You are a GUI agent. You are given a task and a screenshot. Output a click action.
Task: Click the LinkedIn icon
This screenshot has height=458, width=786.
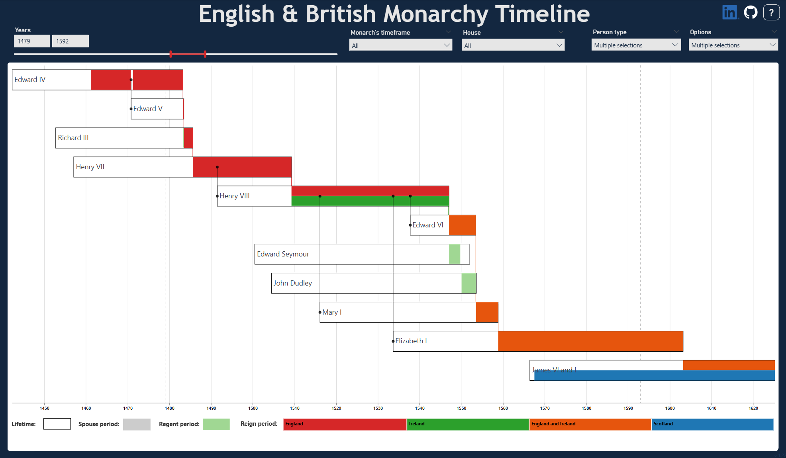click(730, 12)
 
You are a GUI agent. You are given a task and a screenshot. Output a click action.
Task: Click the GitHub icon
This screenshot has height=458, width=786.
click(751, 12)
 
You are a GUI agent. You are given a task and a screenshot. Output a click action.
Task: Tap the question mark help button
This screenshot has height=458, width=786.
click(771, 12)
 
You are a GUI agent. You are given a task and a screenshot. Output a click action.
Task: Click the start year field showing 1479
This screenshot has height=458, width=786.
click(32, 41)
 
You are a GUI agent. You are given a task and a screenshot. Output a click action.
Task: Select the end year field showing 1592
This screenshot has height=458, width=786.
click(70, 41)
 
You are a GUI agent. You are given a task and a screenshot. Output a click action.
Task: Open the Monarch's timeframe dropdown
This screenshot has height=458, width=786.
click(400, 45)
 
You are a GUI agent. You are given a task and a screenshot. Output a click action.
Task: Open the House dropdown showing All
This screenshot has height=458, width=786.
click(513, 45)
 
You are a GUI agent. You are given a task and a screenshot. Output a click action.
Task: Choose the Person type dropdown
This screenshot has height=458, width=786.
click(636, 45)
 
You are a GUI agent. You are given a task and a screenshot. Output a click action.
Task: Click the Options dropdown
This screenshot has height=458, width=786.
click(733, 45)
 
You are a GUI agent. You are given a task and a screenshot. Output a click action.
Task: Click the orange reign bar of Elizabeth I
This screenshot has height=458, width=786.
click(590, 341)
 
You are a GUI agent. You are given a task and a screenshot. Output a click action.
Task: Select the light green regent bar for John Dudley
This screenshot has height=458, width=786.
click(468, 283)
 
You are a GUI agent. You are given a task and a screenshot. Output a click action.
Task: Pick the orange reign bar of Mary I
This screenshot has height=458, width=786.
click(487, 312)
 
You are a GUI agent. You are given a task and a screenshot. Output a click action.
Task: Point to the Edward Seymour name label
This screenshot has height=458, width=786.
click(283, 254)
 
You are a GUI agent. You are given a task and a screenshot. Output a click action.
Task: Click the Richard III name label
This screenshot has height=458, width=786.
click(73, 138)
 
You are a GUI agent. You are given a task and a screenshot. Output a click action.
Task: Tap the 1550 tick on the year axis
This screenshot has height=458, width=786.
click(461, 408)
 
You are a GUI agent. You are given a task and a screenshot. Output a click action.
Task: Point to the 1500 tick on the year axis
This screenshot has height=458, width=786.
click(253, 408)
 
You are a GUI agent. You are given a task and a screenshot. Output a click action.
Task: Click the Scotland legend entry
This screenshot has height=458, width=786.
click(712, 424)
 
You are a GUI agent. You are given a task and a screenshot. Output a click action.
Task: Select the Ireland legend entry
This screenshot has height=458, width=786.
click(468, 424)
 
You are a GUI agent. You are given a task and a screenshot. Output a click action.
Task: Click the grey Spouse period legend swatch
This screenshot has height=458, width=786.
click(137, 424)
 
